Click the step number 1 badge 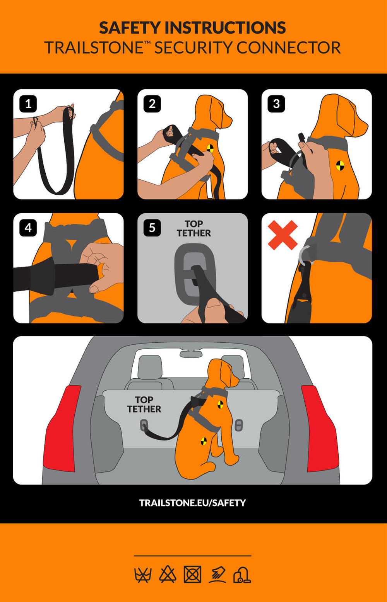click(28, 104)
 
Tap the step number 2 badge click(152, 104)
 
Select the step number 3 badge click(276, 104)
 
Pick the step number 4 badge click(28, 228)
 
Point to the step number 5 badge click(152, 228)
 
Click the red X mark click(283, 235)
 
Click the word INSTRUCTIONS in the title click(225, 28)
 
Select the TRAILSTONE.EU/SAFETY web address click(193, 503)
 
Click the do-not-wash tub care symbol click(143, 575)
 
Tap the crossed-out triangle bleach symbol click(168, 574)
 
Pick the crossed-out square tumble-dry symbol click(192, 574)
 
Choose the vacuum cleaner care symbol click(242, 575)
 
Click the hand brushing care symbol click(217, 574)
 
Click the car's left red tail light click(62, 429)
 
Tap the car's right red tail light click(320, 429)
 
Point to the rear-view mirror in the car click(191, 354)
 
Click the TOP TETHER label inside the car click(144, 405)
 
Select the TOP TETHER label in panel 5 click(194, 228)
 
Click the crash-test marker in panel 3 click(340, 165)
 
